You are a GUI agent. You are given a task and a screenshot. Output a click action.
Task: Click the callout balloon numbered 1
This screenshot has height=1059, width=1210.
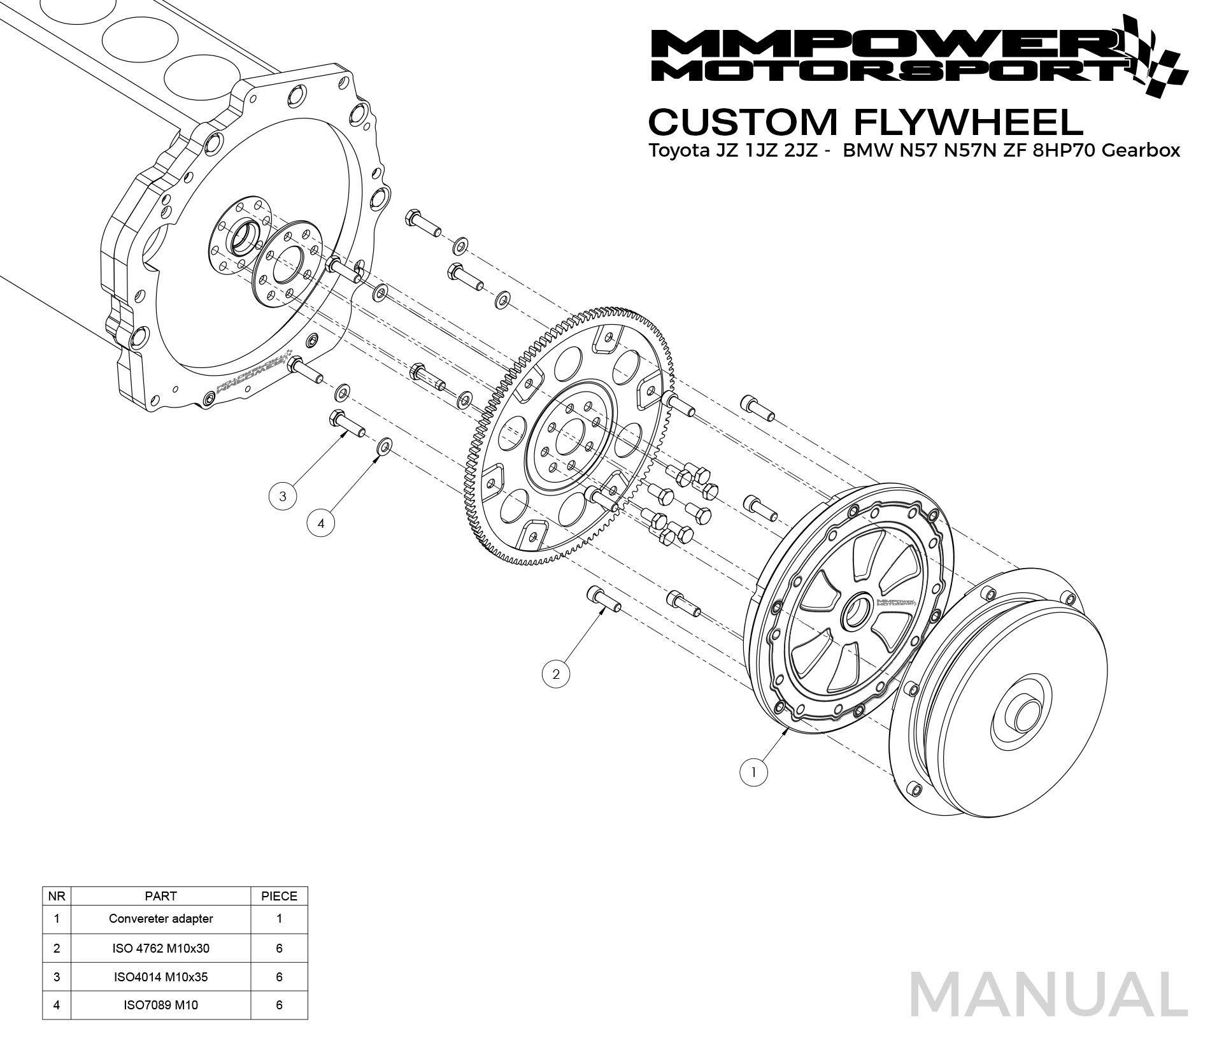(753, 772)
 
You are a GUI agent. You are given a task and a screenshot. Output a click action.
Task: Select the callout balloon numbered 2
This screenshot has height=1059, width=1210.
(556, 674)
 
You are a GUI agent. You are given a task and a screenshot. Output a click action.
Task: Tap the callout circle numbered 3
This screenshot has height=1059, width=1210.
(283, 495)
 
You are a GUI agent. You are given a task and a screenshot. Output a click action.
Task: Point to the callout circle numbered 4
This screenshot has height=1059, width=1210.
(321, 523)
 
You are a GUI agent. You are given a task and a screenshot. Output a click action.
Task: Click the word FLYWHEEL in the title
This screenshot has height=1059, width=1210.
(969, 122)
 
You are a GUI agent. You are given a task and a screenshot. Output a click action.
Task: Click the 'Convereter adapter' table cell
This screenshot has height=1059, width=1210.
(160, 919)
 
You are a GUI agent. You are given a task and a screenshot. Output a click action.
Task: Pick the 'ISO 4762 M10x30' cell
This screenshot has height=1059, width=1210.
(160, 948)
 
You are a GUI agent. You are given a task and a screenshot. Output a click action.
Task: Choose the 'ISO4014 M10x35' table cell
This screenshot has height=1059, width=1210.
(160, 977)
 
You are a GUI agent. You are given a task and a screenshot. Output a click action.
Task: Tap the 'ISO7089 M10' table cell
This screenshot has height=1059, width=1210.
(160, 1006)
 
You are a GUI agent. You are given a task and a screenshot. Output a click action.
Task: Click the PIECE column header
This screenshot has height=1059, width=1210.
(279, 896)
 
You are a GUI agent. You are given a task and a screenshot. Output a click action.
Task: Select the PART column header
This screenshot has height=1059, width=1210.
(160, 896)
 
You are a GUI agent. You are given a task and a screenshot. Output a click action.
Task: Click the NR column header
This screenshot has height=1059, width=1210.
(57, 896)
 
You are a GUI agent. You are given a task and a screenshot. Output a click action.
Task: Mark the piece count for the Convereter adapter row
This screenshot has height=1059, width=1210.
(279, 919)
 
